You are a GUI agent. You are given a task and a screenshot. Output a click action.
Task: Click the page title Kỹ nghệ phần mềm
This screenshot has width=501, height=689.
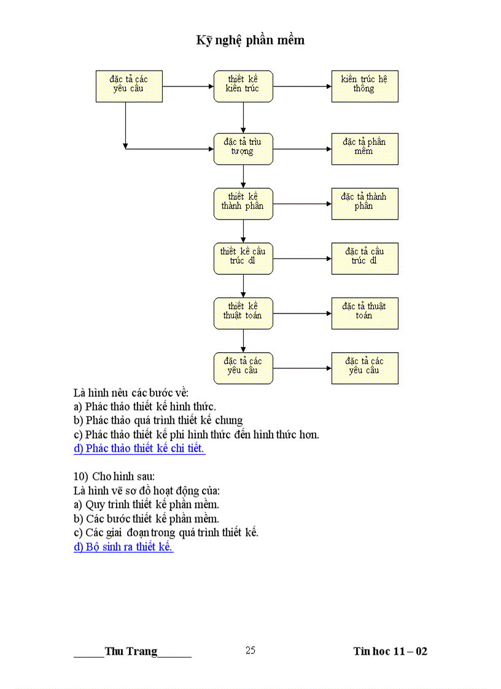(251, 40)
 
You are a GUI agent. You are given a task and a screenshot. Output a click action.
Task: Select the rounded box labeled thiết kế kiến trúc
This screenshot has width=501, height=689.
(243, 86)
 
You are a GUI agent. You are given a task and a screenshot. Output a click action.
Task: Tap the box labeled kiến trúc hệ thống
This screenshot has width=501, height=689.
(365, 86)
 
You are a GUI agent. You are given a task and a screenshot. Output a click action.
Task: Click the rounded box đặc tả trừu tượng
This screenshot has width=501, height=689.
(243, 148)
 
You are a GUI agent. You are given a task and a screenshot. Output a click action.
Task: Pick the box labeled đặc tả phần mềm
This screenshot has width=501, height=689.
(365, 148)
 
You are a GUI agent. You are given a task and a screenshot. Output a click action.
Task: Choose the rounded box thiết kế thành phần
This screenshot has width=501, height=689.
(243, 203)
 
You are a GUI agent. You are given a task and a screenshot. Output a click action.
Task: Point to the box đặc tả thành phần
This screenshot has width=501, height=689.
(365, 203)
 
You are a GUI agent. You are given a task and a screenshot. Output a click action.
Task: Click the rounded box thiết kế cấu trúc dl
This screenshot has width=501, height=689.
(243, 258)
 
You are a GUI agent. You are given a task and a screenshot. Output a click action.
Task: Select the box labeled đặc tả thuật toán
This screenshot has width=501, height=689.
(365, 313)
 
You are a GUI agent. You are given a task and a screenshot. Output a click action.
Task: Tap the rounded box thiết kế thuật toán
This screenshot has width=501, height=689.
(243, 313)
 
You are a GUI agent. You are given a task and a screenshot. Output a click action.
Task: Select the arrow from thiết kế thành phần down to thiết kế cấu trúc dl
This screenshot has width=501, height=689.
(243, 231)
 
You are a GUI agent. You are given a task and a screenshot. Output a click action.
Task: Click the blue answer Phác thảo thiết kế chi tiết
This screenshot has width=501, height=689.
(139, 448)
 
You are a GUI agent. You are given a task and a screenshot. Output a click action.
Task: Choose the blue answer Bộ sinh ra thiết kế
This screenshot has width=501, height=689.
(123, 547)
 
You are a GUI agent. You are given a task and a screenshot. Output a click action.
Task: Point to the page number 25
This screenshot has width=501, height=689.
(251, 650)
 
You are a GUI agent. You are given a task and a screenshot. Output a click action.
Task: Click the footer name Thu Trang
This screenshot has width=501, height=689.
(131, 652)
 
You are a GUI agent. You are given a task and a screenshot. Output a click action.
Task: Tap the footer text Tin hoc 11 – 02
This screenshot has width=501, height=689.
(390, 652)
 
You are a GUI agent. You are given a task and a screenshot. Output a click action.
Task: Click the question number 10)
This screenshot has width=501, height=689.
(81, 477)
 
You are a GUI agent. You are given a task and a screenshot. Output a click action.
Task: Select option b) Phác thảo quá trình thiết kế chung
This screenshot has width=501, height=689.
(158, 420)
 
